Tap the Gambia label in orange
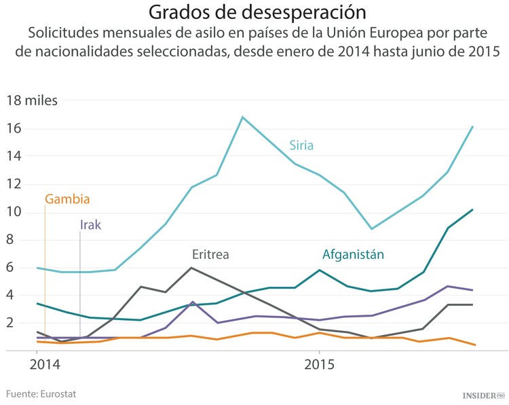click(67, 199)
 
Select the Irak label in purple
click(90, 225)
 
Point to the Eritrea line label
click(210, 255)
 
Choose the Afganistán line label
click(353, 255)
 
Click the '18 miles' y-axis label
click(32, 101)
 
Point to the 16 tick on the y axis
click(14, 129)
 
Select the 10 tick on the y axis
click(14, 212)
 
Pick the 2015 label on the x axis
click(318, 365)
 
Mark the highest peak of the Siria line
click(242, 117)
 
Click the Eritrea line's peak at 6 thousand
click(191, 268)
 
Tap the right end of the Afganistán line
click(472, 210)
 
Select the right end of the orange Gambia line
click(472, 345)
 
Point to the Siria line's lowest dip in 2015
click(371, 229)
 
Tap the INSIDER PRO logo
click(484, 395)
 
